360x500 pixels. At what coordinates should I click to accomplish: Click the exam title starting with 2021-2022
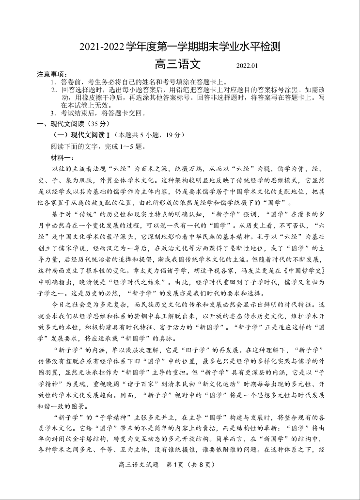(x=180, y=48)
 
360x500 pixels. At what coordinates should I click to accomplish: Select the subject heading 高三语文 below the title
(x=177, y=65)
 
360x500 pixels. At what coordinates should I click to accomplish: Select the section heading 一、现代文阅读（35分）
(x=67, y=124)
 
